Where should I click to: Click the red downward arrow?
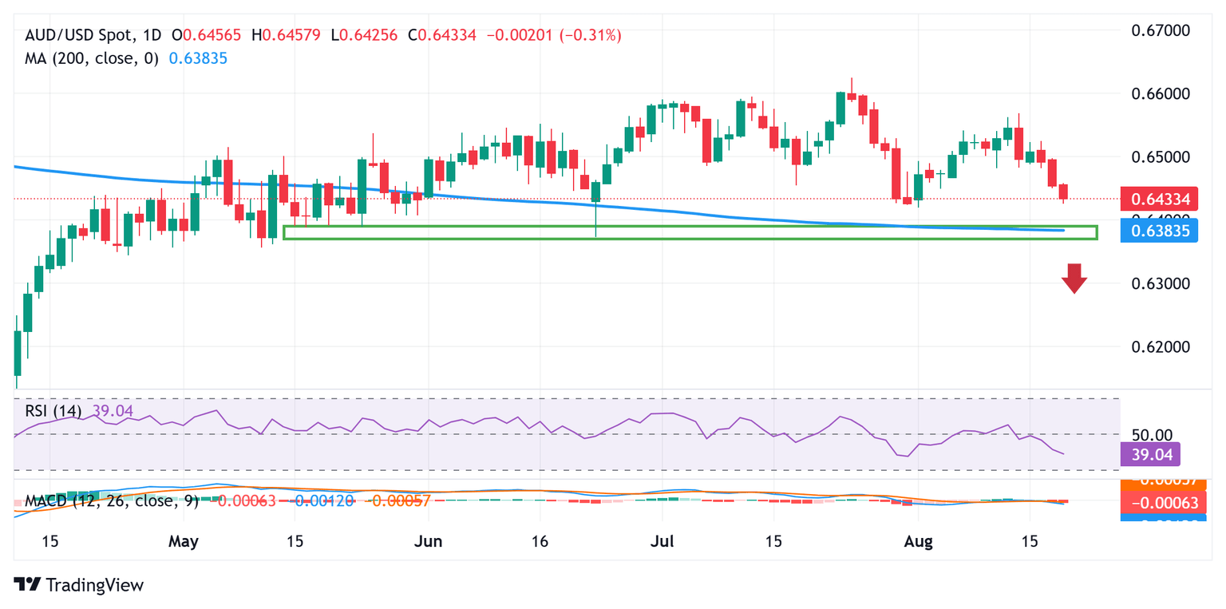coord(1074,279)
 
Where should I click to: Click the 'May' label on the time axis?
coord(184,541)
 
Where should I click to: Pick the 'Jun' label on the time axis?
coord(429,541)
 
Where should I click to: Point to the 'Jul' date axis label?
coord(662,541)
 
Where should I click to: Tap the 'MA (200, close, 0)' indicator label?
coord(92,58)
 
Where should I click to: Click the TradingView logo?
coord(79,584)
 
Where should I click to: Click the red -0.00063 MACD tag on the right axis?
coord(1150,503)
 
